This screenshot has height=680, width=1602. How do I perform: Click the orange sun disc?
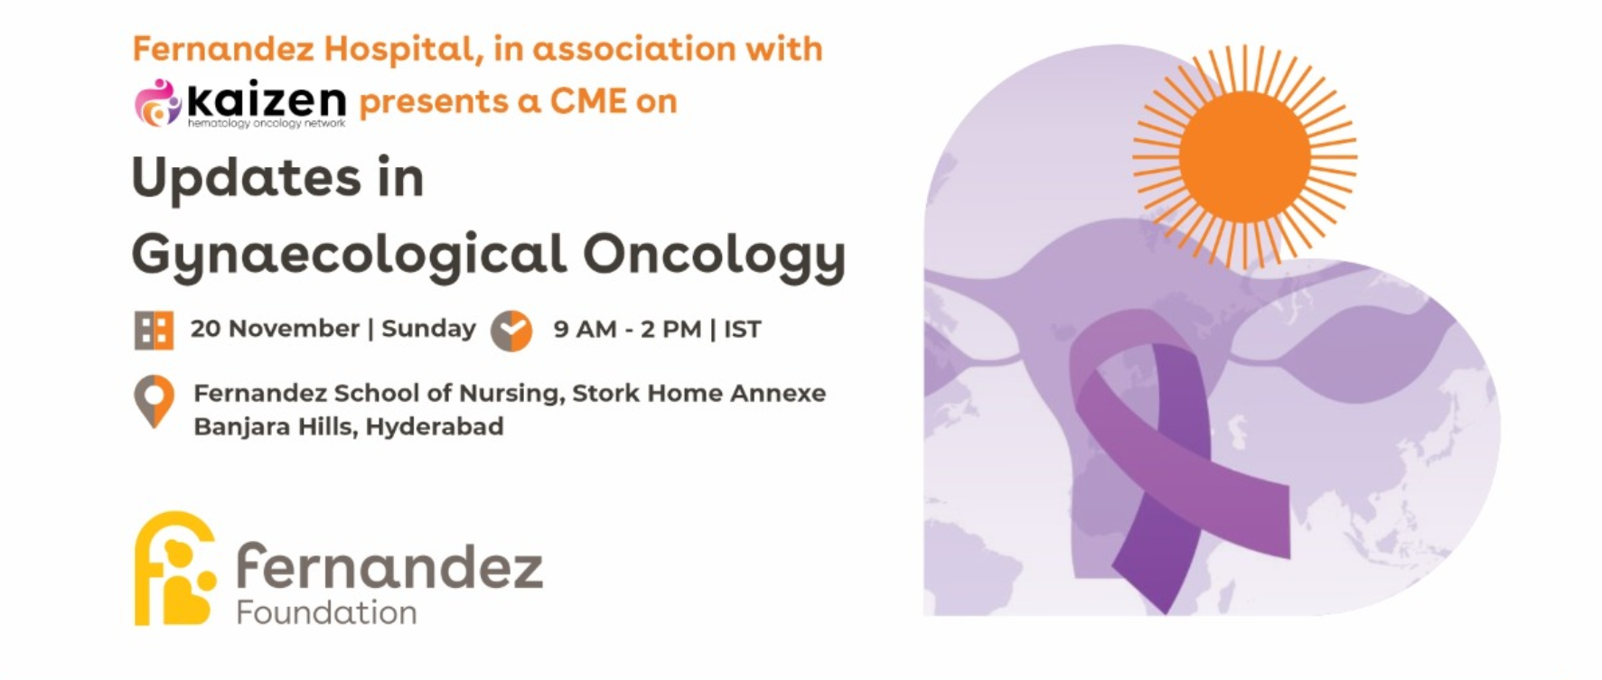point(1244,156)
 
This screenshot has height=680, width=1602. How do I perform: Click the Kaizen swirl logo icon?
point(158,102)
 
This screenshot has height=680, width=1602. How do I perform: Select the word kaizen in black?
point(267,99)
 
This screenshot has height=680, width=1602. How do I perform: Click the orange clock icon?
point(511,331)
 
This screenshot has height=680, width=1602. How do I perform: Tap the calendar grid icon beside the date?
point(154,330)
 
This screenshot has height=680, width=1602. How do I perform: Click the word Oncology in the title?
point(714,256)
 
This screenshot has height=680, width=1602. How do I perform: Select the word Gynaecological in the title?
point(349,256)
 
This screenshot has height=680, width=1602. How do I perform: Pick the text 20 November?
point(275,329)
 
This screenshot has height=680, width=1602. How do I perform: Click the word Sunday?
point(428,330)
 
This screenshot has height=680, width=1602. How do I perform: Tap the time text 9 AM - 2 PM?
point(627,330)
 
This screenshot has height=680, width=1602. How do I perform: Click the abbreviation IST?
point(742,330)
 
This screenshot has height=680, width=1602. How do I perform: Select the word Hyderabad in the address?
point(435,426)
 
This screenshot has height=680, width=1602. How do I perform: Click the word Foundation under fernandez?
point(326,613)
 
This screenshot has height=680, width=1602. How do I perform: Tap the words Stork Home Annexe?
point(698,394)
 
